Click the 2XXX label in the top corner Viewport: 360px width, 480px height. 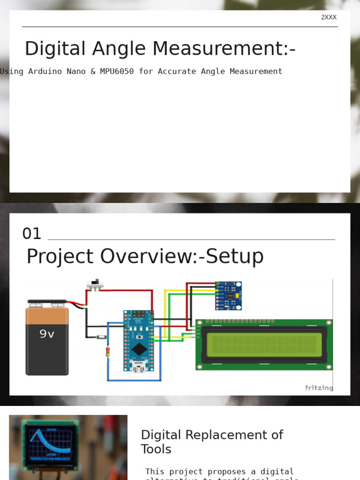coord(329,17)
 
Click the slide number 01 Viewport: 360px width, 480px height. coord(32,233)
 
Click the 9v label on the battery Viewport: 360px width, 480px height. coord(46,334)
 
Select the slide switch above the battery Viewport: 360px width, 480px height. coord(95,284)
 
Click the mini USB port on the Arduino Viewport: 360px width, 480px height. coord(139,366)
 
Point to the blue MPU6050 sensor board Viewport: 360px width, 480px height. coord(228,295)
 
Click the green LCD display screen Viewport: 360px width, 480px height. coord(264,345)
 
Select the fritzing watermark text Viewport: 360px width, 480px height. coord(319,388)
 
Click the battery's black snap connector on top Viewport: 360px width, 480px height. coord(47,302)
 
